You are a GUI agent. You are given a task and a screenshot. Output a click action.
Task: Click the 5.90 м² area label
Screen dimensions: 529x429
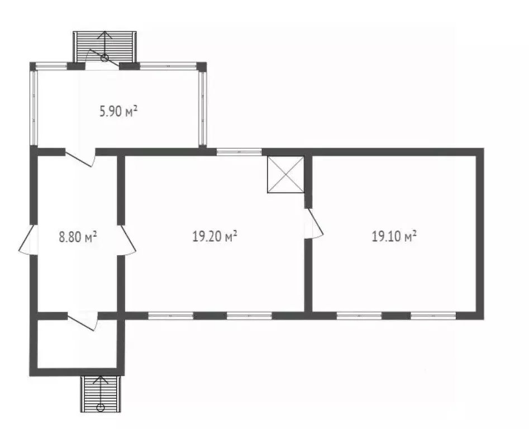point(118,111)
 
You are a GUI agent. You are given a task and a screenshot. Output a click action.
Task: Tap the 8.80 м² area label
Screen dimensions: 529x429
point(78,237)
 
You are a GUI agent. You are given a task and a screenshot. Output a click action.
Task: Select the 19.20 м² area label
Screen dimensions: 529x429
point(215,236)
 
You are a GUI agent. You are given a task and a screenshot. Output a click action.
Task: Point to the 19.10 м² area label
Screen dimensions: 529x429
point(394,236)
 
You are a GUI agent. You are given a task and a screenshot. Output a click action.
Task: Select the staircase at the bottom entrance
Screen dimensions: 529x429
point(100,394)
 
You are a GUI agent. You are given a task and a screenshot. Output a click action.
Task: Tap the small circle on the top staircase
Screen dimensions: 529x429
point(104,58)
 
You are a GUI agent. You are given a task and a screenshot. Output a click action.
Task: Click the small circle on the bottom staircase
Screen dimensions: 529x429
point(100,407)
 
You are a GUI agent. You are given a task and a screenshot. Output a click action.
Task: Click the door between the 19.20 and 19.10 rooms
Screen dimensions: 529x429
point(314,223)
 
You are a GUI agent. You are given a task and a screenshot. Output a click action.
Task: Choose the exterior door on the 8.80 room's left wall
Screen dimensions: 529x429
point(27,240)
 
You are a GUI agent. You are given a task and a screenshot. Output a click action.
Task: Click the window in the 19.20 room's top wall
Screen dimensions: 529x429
point(239,152)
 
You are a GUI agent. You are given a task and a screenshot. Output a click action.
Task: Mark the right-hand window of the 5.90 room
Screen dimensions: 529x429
point(202,108)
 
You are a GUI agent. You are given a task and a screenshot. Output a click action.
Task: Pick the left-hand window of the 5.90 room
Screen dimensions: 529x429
point(34,108)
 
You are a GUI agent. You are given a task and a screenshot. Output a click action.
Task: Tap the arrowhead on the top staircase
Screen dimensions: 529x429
point(105,34)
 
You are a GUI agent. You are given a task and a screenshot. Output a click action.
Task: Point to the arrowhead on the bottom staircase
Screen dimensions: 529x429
point(100,379)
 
